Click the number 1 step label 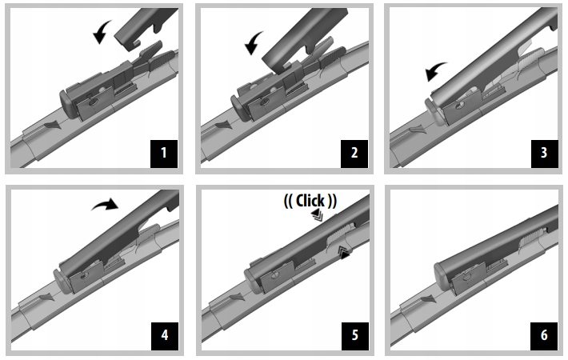click(x=164, y=154)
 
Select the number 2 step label click(x=354, y=154)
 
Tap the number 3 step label click(x=544, y=154)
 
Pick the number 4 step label click(x=165, y=336)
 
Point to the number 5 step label click(x=355, y=336)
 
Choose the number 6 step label click(x=544, y=336)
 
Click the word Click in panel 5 click(x=310, y=201)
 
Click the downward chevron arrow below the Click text click(x=318, y=214)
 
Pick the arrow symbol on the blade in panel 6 click(x=428, y=299)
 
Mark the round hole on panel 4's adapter click(x=85, y=276)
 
